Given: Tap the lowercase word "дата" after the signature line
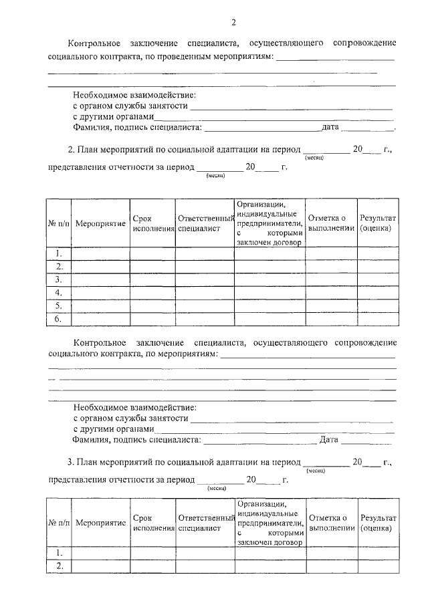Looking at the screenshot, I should coord(332,126).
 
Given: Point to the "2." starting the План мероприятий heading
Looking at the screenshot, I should coord(72,150).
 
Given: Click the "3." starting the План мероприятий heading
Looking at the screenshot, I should coord(72,461).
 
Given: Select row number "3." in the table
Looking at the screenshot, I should coord(59,279).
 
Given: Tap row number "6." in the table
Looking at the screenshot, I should coord(59,319).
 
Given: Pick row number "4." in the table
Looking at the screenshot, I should coord(59,292).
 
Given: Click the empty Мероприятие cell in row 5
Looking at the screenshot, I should coord(100,306).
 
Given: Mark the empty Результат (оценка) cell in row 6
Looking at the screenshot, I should coord(378,319).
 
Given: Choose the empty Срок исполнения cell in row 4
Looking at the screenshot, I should coord(152,292).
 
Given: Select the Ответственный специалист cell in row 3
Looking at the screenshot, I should coord(205,279).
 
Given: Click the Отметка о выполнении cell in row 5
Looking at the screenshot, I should coord(331,306).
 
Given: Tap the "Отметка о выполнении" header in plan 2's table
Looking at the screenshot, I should coord(331,223).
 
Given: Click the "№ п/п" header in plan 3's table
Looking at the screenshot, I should coord(59,523).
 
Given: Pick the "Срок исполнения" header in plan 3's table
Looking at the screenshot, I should coord(152,523).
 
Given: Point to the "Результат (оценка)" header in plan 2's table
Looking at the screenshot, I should coord(378,223).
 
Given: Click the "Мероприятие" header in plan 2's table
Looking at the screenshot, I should coord(100,223).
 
